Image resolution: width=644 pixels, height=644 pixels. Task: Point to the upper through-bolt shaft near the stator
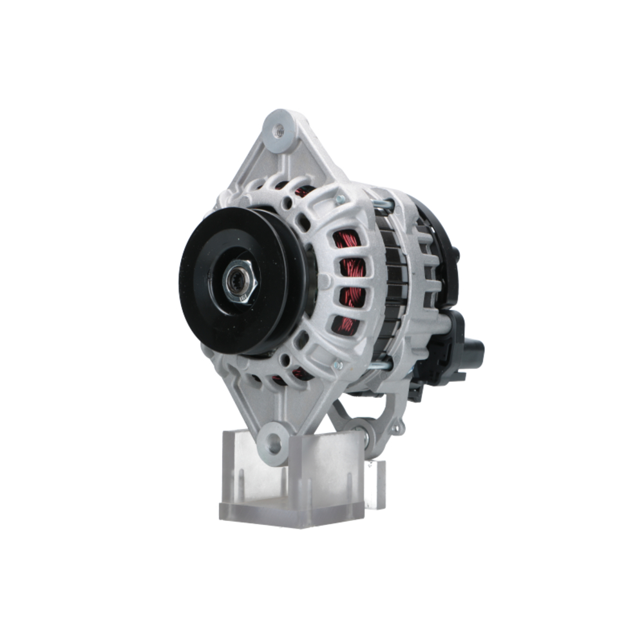point(383,205)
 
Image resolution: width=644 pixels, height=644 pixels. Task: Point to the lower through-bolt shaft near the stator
point(380,366)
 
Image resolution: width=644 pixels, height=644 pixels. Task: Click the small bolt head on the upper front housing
point(339,200)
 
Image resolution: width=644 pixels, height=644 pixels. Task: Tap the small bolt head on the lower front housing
point(336,365)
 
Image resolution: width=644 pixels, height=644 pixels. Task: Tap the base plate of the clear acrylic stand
point(290,512)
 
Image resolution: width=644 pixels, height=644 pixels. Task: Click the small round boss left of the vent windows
point(324,281)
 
